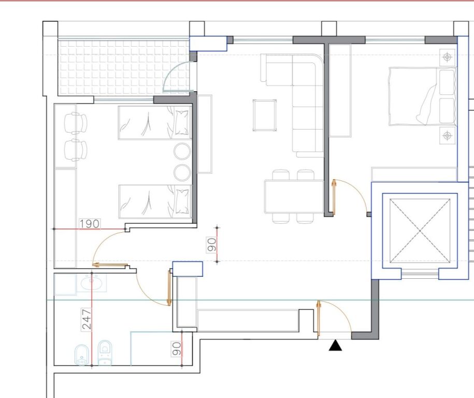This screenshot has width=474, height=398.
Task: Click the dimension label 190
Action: (90, 224)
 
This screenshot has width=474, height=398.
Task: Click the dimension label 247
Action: (87, 319)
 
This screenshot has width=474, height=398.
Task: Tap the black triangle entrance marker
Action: (335, 345)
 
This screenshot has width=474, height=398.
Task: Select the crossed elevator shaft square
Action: (420, 231)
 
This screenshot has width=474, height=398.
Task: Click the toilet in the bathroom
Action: (105, 352)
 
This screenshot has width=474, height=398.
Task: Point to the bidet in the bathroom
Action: (82, 355)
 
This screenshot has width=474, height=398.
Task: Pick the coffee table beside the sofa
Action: (265, 115)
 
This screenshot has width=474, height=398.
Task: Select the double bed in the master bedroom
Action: (422, 96)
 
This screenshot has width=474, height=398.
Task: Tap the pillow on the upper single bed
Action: (181, 122)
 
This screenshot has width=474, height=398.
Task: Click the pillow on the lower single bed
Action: (182, 201)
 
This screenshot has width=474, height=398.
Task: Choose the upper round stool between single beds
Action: (182, 151)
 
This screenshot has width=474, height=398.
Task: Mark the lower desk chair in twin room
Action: (76, 150)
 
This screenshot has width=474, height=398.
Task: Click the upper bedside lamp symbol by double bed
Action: (447, 57)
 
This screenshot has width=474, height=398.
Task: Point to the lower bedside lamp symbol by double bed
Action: (447, 135)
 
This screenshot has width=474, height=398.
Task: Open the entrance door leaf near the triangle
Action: (318, 319)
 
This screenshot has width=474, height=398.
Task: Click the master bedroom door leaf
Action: (334, 197)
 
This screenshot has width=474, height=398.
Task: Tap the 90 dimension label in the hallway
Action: (212, 245)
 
